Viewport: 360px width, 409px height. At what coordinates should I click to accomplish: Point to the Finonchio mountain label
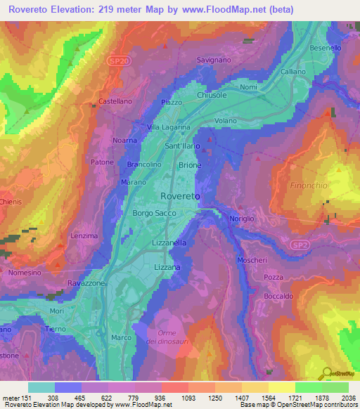click(308, 186)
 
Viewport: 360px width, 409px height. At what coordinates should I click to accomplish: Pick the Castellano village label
click(115, 101)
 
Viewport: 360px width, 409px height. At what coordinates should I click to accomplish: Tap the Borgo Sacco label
click(152, 212)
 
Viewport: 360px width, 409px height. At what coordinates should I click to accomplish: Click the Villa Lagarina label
click(169, 127)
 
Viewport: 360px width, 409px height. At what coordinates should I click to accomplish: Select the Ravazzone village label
click(86, 283)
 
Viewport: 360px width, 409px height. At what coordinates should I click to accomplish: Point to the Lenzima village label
click(84, 236)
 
